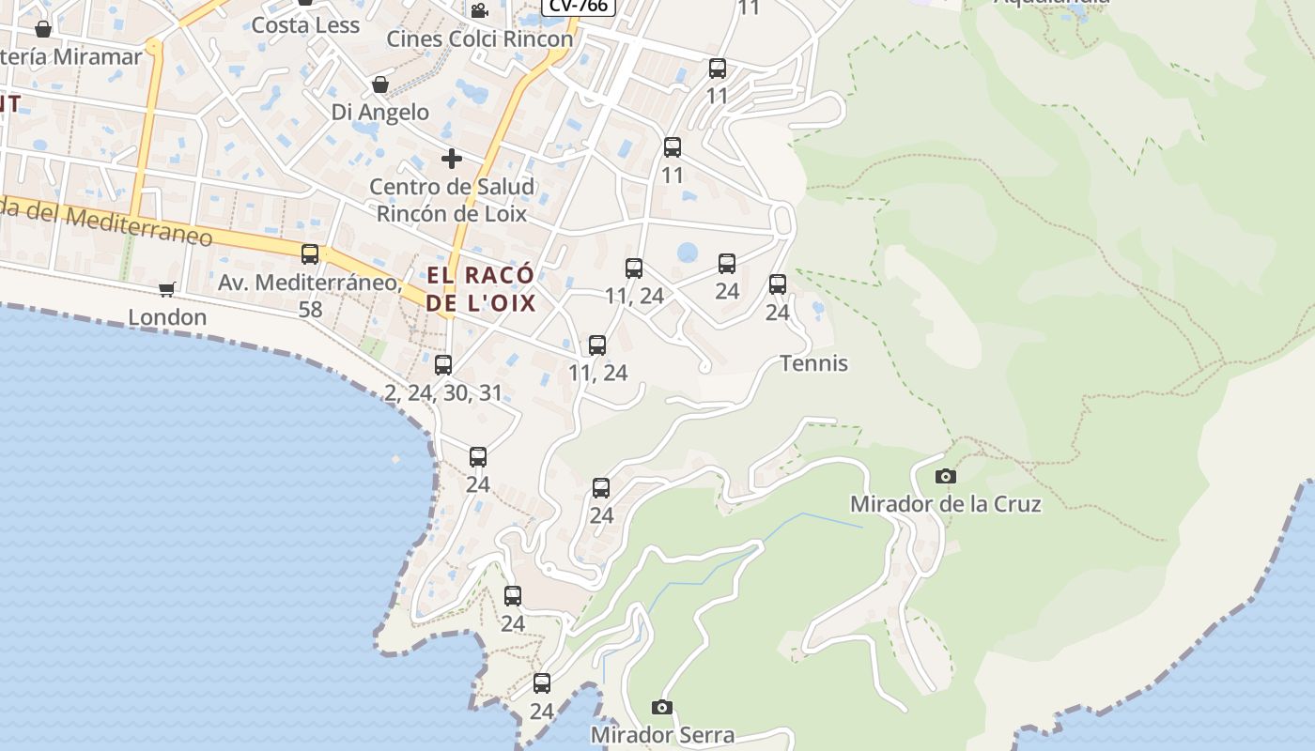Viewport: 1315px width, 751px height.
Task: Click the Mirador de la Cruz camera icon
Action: (946, 477)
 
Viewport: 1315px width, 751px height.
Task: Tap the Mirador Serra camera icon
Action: (662, 707)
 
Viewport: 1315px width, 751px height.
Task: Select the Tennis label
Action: (813, 363)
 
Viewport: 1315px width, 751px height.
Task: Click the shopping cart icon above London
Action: (167, 289)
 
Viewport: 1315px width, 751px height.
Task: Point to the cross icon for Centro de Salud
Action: (452, 158)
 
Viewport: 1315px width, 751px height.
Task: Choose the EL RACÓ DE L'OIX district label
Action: (480, 289)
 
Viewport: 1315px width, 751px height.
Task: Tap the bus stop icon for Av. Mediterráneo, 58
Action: (310, 253)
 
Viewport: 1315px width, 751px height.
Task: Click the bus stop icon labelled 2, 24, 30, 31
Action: (443, 364)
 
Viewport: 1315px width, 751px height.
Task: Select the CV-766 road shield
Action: (579, 6)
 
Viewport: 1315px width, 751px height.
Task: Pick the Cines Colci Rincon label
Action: (480, 39)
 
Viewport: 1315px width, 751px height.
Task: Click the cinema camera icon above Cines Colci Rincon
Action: (479, 10)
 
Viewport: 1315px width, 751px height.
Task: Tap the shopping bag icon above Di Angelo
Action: (380, 84)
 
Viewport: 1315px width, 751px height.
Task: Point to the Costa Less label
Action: (305, 25)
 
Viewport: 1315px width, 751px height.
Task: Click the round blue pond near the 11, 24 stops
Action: (688, 253)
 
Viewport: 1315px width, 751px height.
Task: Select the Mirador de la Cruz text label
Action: (945, 504)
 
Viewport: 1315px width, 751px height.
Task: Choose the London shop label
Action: (167, 317)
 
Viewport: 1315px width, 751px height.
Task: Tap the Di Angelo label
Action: (380, 113)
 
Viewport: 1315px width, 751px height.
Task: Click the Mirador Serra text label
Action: (662, 734)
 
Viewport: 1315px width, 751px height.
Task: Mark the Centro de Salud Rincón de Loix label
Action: (452, 200)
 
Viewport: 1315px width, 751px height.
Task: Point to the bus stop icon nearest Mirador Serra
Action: (542, 683)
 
